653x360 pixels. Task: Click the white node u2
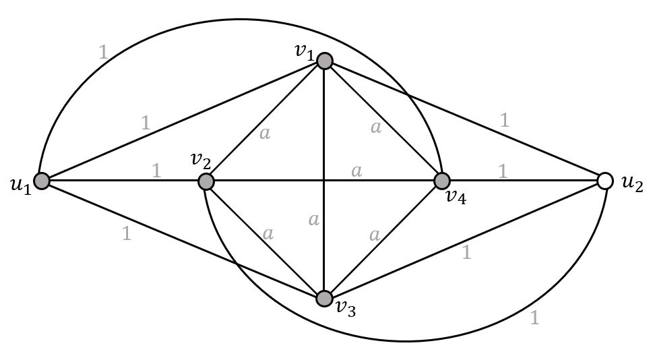605,181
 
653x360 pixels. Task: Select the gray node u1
42,181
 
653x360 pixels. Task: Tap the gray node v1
325,61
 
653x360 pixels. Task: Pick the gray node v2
206,181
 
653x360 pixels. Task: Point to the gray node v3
325,298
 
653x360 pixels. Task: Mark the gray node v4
442,181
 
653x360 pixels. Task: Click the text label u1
20,185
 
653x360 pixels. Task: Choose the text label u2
631,185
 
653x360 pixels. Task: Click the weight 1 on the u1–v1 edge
146,123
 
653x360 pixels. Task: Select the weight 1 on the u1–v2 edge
156,171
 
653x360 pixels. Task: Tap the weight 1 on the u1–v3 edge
126,234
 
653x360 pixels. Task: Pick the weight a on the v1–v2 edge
264,133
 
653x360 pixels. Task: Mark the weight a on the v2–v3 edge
268,233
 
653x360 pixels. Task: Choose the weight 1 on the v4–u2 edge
502,171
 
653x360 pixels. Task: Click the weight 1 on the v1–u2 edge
504,120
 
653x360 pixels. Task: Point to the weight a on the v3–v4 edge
375,235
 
